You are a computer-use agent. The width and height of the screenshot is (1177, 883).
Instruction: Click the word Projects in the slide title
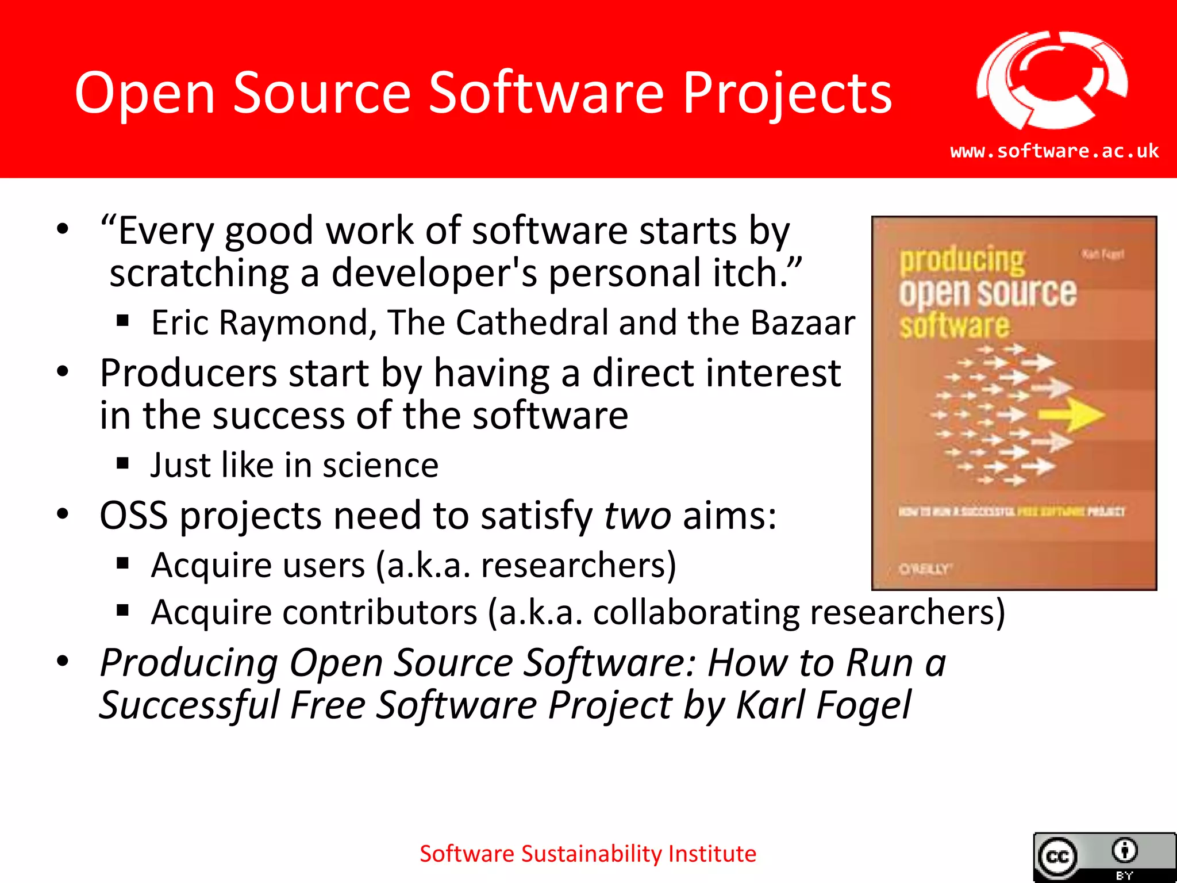[x=787, y=93]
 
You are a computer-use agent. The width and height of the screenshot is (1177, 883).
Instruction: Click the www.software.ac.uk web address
[x=1054, y=151]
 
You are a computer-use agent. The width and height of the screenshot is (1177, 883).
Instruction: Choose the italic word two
[x=637, y=515]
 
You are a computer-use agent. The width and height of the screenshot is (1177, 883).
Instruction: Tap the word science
[x=380, y=465]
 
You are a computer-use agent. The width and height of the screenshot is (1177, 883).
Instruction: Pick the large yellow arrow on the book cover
[x=1072, y=414]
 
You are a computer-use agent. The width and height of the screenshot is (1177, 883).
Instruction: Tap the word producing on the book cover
[x=961, y=260]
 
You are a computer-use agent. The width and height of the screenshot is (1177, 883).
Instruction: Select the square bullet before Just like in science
[x=122, y=463]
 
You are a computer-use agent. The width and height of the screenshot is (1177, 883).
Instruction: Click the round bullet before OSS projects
[x=63, y=513]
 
